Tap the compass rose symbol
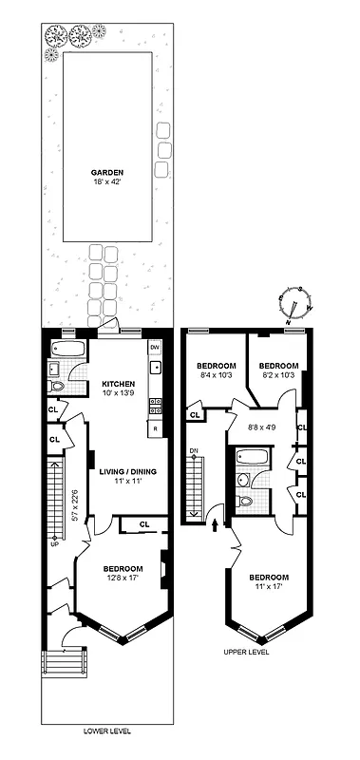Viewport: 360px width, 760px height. click(x=295, y=303)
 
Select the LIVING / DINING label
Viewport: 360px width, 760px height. click(x=123, y=471)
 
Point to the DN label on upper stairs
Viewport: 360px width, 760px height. click(x=193, y=449)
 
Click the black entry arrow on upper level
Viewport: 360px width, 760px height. click(x=216, y=522)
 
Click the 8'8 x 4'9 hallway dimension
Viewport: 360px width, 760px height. click(x=261, y=427)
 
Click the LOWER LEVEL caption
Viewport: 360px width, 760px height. click(x=106, y=731)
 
